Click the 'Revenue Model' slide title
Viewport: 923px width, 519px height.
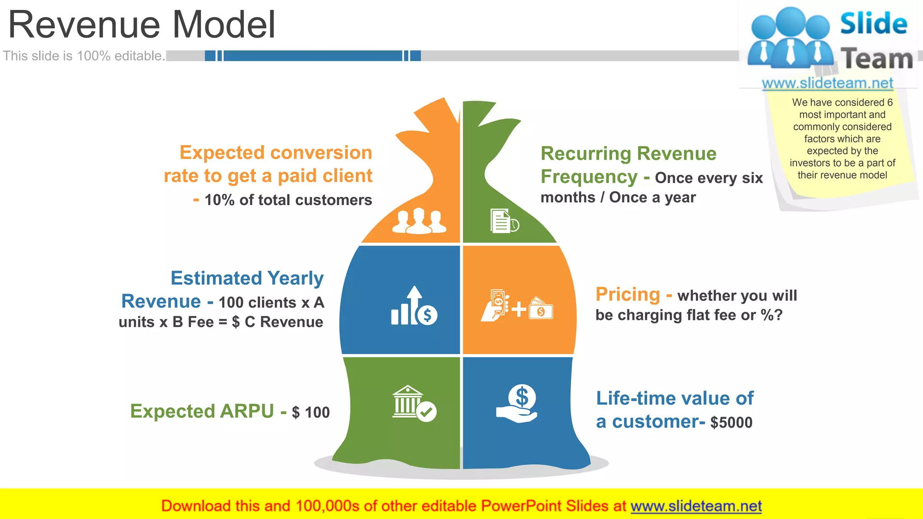[142, 25]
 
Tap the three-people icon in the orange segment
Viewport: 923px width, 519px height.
[419, 221]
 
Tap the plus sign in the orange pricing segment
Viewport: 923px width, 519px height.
[519, 309]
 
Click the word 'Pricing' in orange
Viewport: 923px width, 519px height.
[628, 295]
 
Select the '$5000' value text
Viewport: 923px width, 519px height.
[731, 423]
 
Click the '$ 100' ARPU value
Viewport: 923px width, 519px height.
[311, 412]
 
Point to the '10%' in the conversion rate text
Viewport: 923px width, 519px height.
[219, 200]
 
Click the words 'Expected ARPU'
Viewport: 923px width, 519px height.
[202, 411]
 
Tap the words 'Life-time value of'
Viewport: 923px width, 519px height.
[675, 398]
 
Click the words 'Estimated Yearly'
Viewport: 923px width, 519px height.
[247, 278]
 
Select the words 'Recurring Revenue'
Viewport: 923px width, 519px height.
[628, 154]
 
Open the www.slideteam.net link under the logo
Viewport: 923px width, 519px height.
[827, 83]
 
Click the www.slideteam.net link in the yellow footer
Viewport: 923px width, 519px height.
[696, 506]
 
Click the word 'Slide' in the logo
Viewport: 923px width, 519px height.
[873, 23]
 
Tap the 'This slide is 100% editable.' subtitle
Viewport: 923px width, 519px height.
[84, 56]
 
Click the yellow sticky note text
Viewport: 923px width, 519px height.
[842, 139]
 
